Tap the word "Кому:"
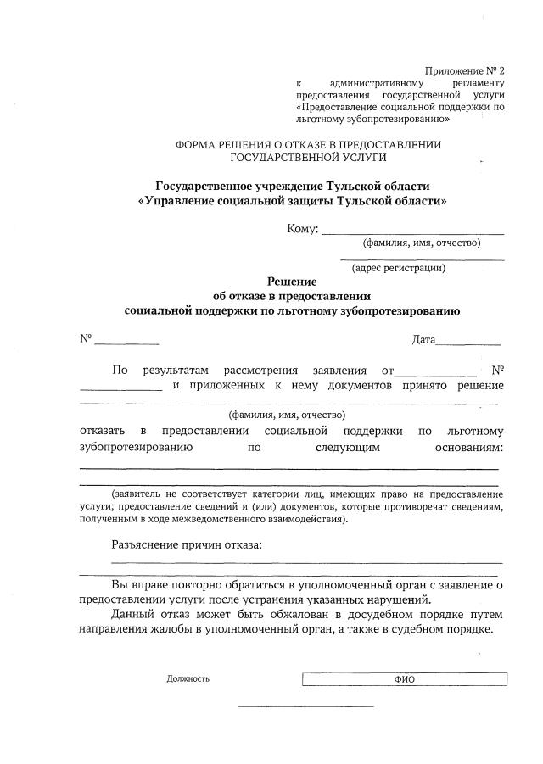click(x=303, y=228)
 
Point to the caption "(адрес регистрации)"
click(x=399, y=269)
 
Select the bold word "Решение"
click(x=292, y=282)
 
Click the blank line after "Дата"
click(x=468, y=344)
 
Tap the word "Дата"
click(x=423, y=340)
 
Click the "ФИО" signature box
click(x=405, y=679)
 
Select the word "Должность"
click(x=188, y=679)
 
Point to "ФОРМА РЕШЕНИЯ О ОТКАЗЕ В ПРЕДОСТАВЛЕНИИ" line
click(x=308, y=145)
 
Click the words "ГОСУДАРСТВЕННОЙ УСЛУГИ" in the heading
click(x=308, y=158)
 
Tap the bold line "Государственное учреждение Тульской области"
click(x=292, y=186)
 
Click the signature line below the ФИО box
click(x=305, y=706)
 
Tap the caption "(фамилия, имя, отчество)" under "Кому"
click(x=422, y=243)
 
